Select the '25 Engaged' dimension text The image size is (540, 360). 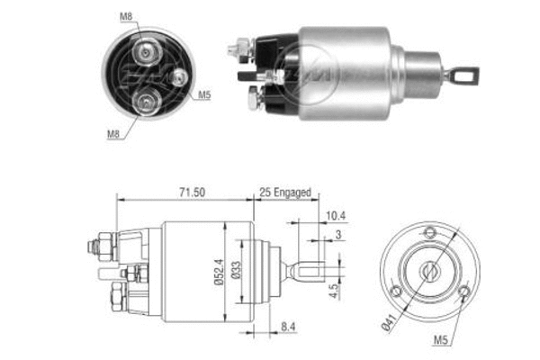tap(284, 192)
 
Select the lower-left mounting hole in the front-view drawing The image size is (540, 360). tap(397, 291)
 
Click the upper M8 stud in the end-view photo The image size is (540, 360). tap(144, 48)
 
